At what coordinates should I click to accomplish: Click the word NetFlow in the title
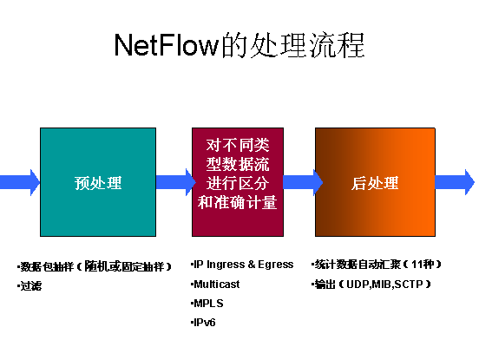(167, 45)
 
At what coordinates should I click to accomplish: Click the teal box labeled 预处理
(98, 182)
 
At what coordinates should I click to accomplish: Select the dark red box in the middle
(238, 182)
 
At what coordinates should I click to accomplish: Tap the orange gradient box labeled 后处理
(375, 182)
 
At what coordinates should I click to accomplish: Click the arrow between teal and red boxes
(175, 182)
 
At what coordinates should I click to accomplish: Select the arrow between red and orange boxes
(303, 182)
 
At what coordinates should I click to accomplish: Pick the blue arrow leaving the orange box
(455, 182)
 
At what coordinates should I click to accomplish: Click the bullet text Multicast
(217, 285)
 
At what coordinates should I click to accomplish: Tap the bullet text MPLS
(208, 304)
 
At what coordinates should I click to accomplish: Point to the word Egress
(276, 265)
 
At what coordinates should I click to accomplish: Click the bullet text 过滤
(31, 286)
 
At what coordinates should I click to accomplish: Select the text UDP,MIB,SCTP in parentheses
(384, 285)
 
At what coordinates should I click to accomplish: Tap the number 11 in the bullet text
(417, 264)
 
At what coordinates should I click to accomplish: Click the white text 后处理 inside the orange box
(375, 183)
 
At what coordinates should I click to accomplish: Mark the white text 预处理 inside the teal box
(98, 183)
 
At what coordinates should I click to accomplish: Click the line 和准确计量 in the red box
(238, 202)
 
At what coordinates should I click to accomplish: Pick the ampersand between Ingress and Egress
(252, 264)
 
